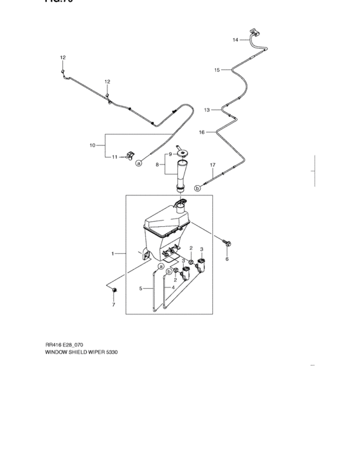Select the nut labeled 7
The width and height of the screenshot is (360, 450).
pos(114,292)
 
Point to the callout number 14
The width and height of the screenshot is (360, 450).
pos(235,40)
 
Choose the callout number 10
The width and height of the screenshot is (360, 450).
pos(92,145)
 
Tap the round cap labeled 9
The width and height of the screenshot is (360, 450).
pos(183,152)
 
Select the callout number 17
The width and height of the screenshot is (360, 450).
pos(213,165)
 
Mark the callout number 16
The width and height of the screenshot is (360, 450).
pos(201,132)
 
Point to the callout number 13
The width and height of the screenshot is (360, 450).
pos(207,110)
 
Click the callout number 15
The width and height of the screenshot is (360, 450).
pos(217,69)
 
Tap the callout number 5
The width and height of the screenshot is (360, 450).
pos(141,289)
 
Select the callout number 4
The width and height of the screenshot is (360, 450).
pos(173,287)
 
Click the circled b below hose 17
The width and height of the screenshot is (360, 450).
pos(197,188)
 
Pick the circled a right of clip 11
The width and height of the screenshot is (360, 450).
pos(138,163)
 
